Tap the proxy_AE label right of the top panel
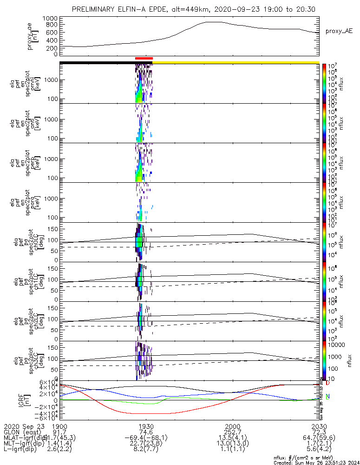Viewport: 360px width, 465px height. [x=339, y=31]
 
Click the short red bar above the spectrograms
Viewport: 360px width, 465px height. [x=144, y=58]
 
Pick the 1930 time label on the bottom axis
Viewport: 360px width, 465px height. [x=146, y=426]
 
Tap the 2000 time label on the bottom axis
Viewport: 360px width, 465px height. [x=232, y=426]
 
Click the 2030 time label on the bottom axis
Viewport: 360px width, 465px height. [x=319, y=426]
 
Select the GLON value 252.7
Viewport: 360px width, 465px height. [x=232, y=432]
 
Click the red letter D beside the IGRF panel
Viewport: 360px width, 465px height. [x=327, y=384]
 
